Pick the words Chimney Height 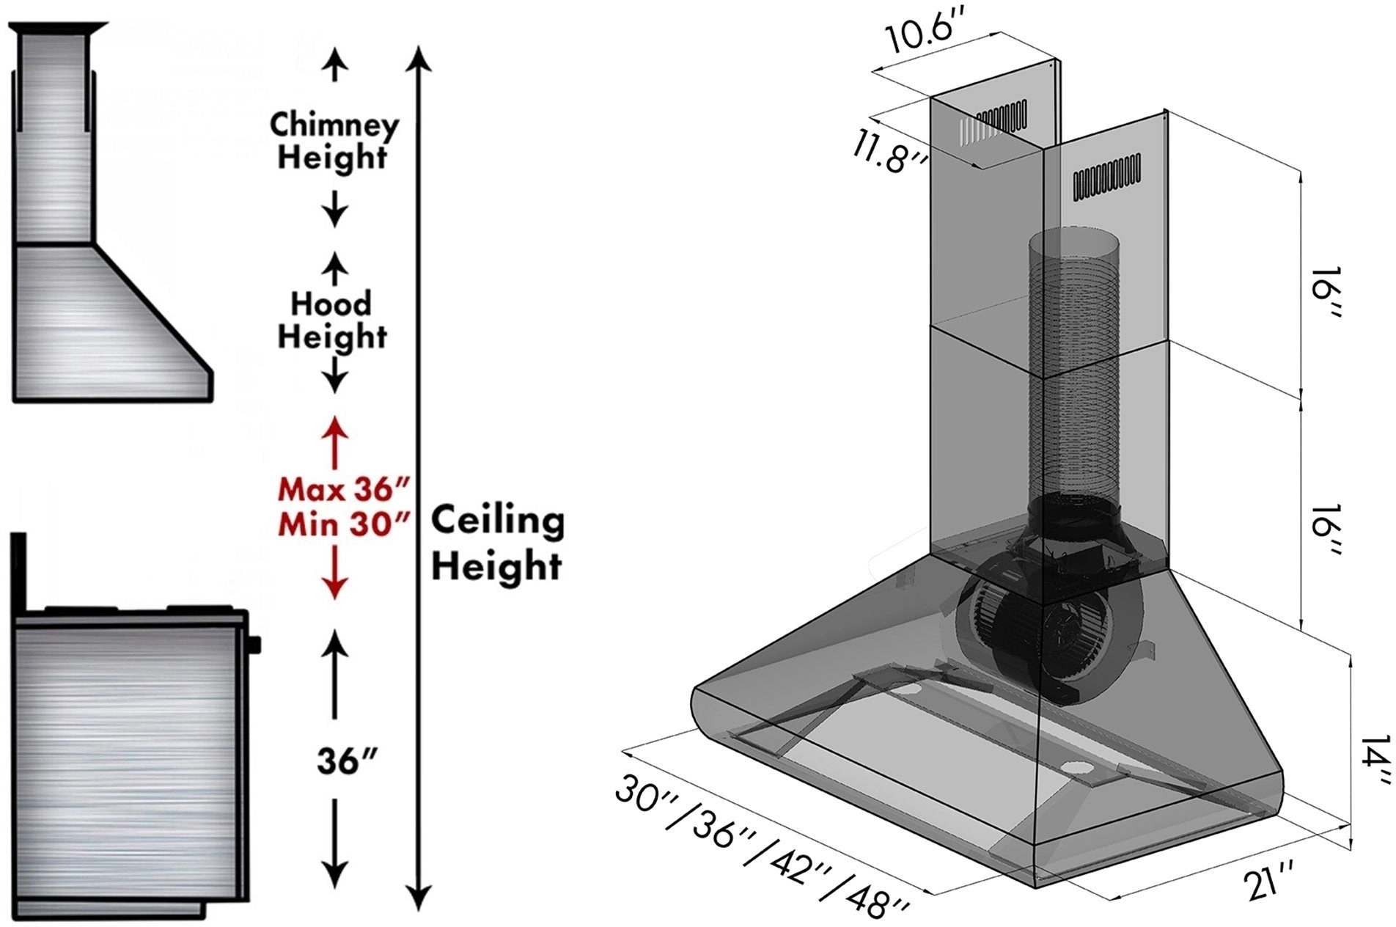pyautogui.click(x=334, y=141)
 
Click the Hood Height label pyautogui.click(x=332, y=320)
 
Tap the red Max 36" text pyautogui.click(x=342, y=488)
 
